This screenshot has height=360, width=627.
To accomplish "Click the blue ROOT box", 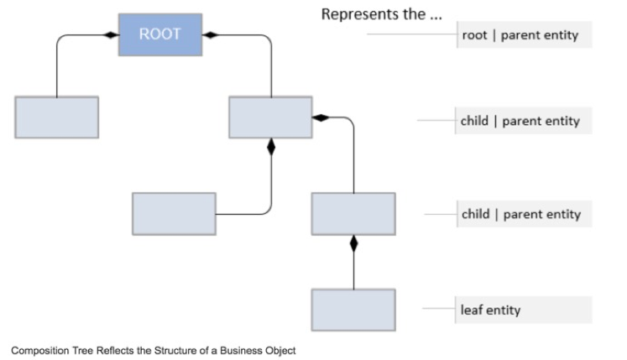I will click(159, 35).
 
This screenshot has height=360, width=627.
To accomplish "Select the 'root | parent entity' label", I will click(520, 36).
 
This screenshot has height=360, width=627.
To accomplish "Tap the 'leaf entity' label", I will click(491, 310).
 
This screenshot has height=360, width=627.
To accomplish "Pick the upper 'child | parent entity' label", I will click(520, 121).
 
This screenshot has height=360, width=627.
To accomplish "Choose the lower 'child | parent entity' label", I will click(520, 214).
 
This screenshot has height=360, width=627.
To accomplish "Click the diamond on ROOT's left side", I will click(109, 35).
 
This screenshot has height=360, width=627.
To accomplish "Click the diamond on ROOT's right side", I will click(211, 35).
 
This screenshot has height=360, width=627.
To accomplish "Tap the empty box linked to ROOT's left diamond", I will click(56, 117).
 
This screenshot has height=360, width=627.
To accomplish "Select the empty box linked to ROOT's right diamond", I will click(270, 117).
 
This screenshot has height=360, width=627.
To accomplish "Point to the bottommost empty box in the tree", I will click(353, 310).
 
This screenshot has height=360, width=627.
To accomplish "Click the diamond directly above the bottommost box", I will click(353, 244).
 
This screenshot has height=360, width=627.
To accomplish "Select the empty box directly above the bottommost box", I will click(353, 213).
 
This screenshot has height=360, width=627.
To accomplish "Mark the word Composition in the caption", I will click(38, 350).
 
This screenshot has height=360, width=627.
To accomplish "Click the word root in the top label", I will click(474, 36).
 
